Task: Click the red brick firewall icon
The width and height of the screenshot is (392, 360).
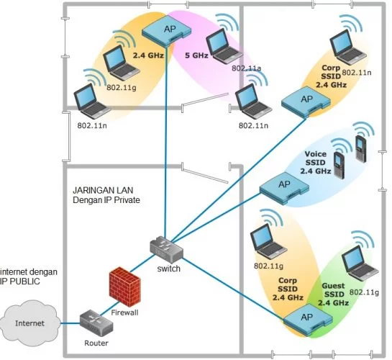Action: click(125, 287)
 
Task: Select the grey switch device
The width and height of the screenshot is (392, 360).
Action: click(167, 250)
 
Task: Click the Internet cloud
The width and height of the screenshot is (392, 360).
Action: click(30, 323)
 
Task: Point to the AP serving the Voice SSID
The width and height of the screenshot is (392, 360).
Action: click(285, 187)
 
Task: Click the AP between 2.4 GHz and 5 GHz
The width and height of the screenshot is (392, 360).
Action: click(167, 31)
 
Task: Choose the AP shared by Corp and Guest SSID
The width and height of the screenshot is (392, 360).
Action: click(308, 319)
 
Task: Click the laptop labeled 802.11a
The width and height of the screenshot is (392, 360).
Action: click(223, 46)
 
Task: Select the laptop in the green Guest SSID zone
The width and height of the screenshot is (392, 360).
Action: click(360, 264)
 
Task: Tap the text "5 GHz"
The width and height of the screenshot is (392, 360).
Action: click(196, 55)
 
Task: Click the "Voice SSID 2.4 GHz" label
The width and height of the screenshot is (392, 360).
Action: click(316, 163)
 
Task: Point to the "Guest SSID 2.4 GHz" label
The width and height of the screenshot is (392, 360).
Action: click(333, 294)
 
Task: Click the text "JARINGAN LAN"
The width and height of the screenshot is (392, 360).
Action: click(103, 190)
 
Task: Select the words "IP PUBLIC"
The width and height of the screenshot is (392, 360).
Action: click(20, 282)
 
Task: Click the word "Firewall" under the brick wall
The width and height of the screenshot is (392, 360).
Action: click(124, 312)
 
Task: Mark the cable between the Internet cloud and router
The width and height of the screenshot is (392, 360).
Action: click(70, 323)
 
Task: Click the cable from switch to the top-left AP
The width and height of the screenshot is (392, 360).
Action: click(165, 142)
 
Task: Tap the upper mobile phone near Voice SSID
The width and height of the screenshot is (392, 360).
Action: click(361, 148)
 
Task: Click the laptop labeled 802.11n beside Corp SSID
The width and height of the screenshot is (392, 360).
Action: click(348, 48)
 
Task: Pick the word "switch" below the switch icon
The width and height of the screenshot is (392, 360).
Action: click(169, 269)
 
